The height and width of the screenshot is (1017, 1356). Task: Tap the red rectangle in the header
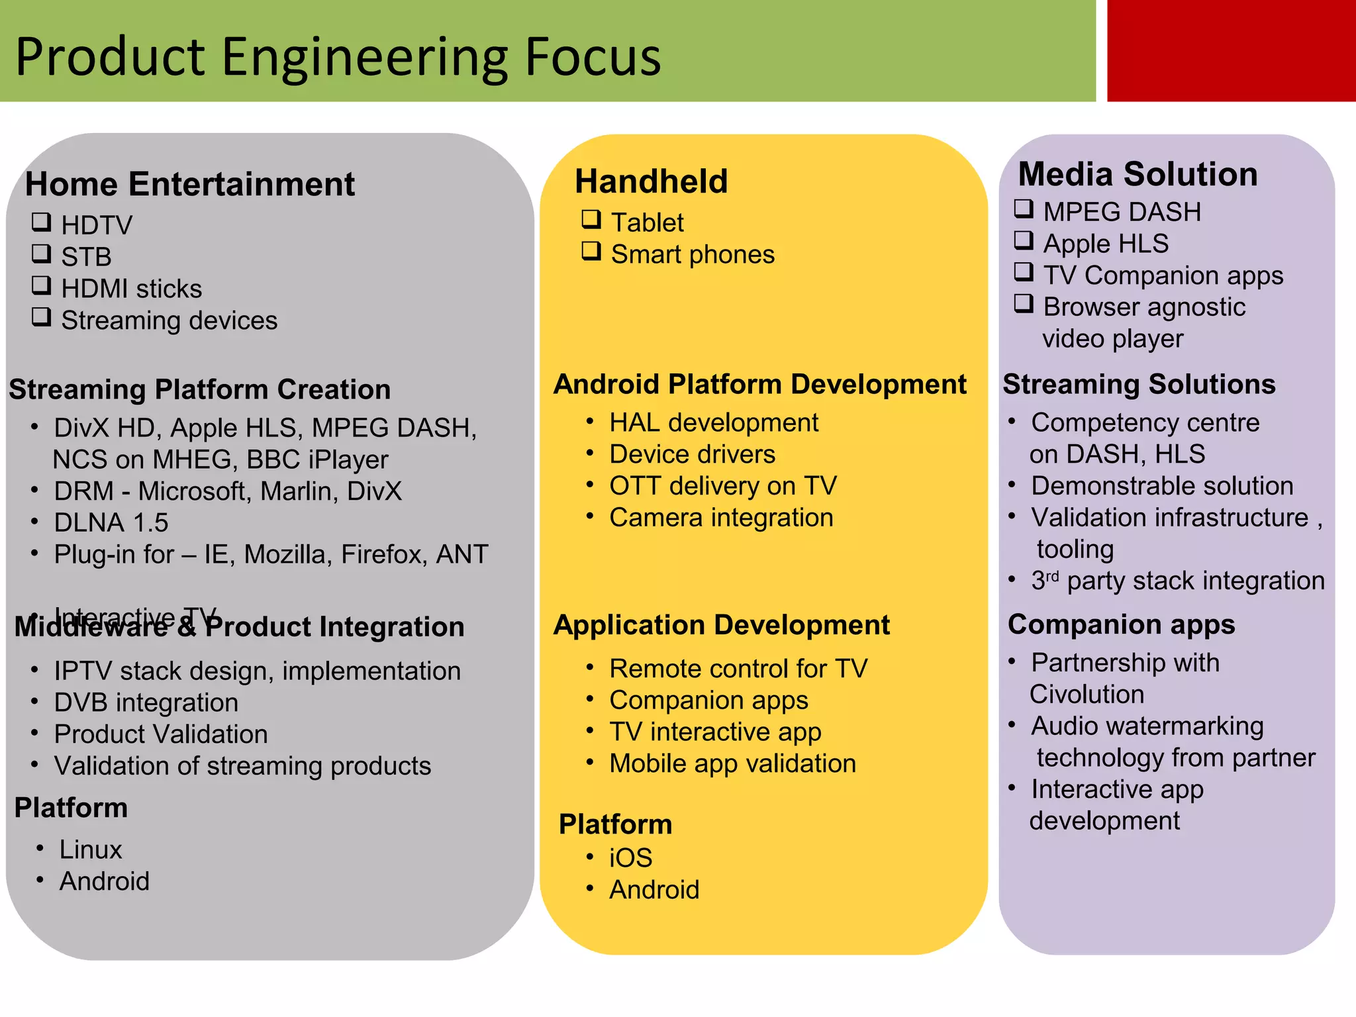[1231, 50]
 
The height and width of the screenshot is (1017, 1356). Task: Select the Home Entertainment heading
[189, 184]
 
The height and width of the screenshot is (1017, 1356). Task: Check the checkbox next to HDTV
[42, 222]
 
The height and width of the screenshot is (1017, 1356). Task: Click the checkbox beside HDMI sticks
[42, 285]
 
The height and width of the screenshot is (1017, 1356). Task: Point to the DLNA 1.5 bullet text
[111, 523]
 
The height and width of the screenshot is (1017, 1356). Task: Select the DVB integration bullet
[146, 702]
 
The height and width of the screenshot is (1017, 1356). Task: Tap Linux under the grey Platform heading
[91, 849]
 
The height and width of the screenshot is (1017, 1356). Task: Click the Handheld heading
[651, 181]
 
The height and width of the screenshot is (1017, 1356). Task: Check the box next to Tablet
[591, 219]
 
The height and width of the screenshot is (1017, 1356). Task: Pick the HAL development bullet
[714, 422]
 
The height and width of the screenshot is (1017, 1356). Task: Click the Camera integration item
[721, 518]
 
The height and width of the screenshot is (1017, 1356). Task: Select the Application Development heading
[722, 625]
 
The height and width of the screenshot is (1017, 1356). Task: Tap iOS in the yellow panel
[630, 858]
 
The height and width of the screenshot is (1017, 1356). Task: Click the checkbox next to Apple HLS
[1024, 240]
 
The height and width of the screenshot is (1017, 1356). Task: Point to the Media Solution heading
[1138, 174]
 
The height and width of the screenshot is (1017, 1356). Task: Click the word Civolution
[1087, 695]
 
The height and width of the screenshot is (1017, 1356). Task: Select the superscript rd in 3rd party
[1052, 575]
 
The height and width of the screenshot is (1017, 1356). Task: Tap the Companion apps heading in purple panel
[1121, 624]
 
